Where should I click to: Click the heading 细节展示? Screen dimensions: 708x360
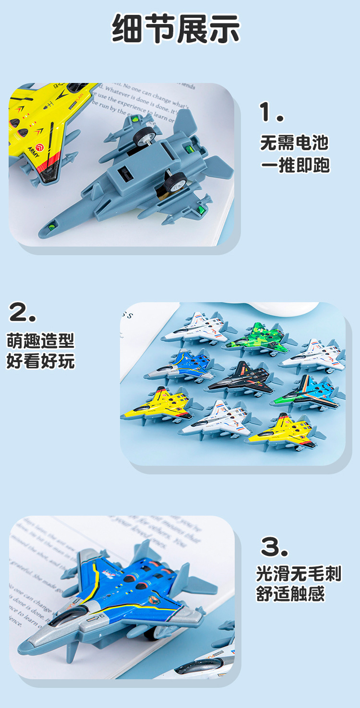176,29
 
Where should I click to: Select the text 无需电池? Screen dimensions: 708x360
295,142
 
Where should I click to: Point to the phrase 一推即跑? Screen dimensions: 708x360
295,165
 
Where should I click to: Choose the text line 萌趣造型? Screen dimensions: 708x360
41,341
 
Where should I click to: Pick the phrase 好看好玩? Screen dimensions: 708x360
41,361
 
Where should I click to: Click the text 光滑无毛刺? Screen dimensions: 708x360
299,574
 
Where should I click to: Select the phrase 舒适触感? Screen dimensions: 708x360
291,594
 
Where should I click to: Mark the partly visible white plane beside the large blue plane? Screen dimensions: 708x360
211,660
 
